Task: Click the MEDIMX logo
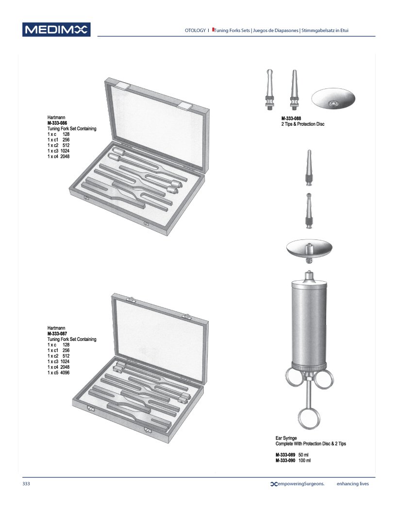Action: coord(56,30)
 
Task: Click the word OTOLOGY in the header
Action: coord(195,31)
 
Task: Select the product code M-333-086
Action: coord(57,124)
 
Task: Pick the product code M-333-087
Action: coord(57,334)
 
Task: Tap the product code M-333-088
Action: coord(291,119)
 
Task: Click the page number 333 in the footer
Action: coord(26,484)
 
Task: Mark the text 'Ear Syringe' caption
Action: coord(286,438)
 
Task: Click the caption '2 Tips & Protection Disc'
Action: coord(302,124)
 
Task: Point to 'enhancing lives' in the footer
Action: coord(356,484)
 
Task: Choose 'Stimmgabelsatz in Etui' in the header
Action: coord(325,31)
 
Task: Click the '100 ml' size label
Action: coord(304,460)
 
